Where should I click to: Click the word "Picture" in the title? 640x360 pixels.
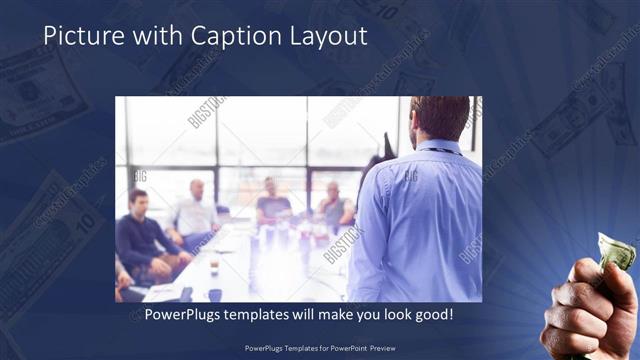[x=79, y=37]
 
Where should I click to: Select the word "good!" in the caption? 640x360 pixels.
[x=431, y=314]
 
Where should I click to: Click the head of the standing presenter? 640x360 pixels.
[x=439, y=117]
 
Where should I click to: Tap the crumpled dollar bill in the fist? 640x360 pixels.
[x=616, y=250]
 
